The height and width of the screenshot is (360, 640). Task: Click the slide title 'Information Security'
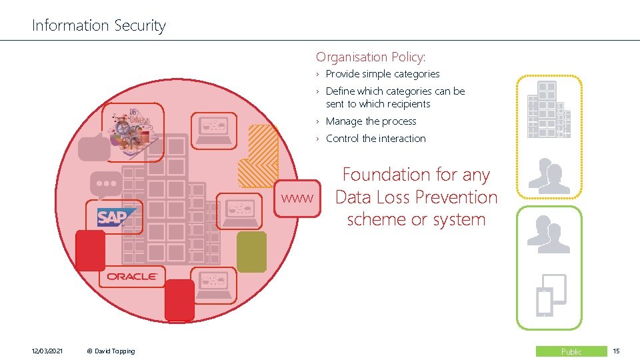tap(99, 26)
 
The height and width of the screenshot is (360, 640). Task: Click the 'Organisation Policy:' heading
tap(371, 57)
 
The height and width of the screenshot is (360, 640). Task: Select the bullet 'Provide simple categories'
tap(383, 74)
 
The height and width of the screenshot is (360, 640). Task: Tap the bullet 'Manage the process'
tap(371, 121)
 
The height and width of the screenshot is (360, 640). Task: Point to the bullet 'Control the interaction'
tap(375, 139)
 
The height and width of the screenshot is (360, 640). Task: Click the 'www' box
tap(297, 198)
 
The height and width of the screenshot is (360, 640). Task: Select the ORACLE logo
tap(132, 276)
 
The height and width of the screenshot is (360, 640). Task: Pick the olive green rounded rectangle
tap(251, 252)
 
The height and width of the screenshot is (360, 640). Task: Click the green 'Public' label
tap(571, 351)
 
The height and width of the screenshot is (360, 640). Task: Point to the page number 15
tap(616, 351)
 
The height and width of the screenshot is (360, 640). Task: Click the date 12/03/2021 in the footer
tap(47, 351)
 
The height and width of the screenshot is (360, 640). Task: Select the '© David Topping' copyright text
tap(111, 351)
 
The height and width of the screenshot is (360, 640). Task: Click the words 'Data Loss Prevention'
tap(416, 197)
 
